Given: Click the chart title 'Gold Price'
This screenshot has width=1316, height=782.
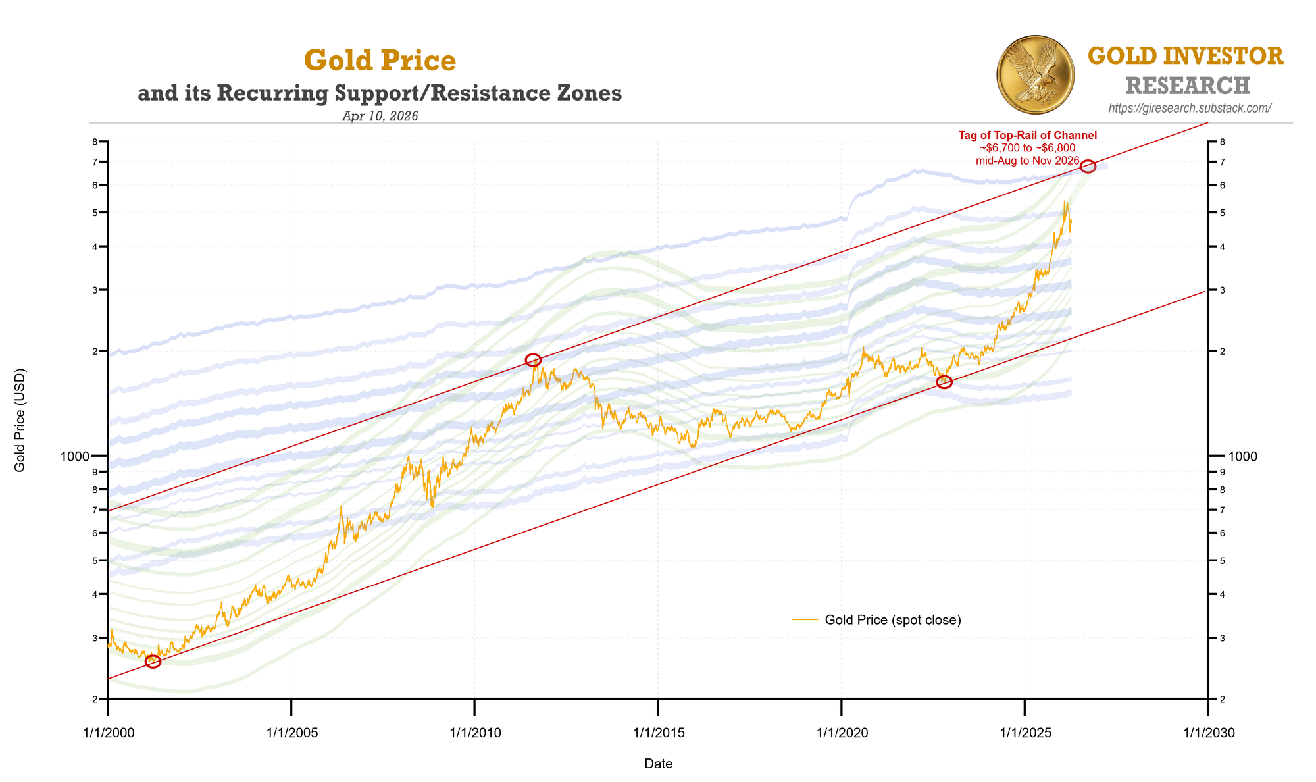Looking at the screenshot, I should [380, 61].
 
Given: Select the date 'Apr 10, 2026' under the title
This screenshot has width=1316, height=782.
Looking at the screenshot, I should [380, 116].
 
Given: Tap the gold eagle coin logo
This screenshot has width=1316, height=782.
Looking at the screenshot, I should [1035, 74].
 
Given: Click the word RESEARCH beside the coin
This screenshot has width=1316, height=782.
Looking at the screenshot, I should [1187, 86].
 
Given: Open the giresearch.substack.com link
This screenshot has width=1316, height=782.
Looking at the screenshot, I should [1190, 108].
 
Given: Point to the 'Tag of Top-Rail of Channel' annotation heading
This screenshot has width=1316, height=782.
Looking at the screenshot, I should [1027, 136].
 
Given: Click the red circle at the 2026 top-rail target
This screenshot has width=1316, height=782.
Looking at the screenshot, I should [1088, 167].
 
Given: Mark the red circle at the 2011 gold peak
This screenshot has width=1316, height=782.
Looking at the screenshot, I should [533, 359].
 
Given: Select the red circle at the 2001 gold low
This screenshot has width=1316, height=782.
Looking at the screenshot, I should [153, 662].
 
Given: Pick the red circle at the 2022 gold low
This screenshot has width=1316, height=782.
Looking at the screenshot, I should [944, 382].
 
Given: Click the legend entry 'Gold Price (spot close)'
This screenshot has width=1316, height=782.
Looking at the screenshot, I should [892, 620].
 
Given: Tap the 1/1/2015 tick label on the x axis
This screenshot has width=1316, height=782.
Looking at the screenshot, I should [657, 733].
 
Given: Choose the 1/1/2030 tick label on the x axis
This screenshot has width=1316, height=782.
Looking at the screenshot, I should [1207, 733].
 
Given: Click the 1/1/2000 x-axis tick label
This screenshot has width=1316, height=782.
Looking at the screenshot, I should [107, 733].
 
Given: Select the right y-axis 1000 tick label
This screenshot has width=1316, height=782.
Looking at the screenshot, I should [1242, 456].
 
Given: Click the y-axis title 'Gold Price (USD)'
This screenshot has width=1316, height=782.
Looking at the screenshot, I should [20, 420].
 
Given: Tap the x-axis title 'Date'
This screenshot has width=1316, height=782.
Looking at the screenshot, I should [658, 764].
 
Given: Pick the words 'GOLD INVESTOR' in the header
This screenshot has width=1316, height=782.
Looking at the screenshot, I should [1185, 57].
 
